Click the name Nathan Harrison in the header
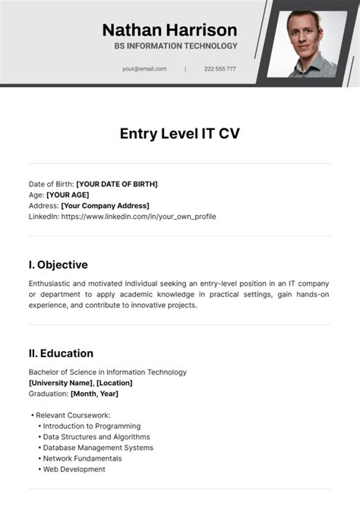[x=169, y=30]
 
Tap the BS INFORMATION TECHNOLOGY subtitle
[x=175, y=46]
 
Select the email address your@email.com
[x=144, y=69]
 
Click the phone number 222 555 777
[x=219, y=69]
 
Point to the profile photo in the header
[x=311, y=43]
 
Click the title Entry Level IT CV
[x=179, y=134]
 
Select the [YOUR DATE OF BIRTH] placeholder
[x=117, y=184]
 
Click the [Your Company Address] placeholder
[x=105, y=205]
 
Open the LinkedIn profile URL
[x=138, y=217]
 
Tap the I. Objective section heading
[x=58, y=265]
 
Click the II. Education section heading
[x=61, y=353]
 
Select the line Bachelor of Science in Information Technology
[x=107, y=372]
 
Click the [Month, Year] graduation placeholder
[x=94, y=394]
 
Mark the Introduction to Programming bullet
[x=91, y=426]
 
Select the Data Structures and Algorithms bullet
[x=96, y=437]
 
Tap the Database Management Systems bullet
[x=98, y=448]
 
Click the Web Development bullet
[x=74, y=469]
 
